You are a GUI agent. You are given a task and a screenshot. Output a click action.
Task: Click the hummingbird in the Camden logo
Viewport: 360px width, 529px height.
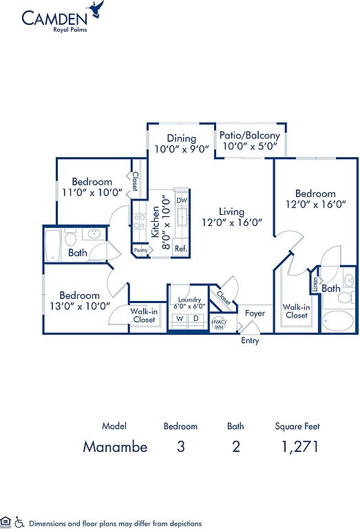click(x=96, y=9)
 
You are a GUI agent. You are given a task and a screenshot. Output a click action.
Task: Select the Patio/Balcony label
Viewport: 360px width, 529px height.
click(x=250, y=135)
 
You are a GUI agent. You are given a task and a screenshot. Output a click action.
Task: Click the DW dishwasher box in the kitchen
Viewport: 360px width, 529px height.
click(x=182, y=200)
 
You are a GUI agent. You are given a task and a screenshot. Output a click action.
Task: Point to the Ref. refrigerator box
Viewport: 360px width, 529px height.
click(x=181, y=249)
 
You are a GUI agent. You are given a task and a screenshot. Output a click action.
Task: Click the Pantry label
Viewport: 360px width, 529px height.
click(x=141, y=250)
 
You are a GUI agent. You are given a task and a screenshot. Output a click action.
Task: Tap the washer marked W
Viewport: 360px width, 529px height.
click(x=180, y=318)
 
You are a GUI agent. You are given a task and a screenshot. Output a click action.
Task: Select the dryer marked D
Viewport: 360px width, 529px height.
click(x=196, y=318)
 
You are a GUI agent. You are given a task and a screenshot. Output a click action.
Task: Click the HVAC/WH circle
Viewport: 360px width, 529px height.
click(x=219, y=324)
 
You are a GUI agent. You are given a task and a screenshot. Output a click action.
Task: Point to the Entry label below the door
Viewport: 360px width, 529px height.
click(x=250, y=340)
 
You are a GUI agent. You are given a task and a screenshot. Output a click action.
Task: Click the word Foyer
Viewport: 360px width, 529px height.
click(x=255, y=313)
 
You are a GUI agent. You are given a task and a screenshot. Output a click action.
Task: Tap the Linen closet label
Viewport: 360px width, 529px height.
click(x=315, y=284)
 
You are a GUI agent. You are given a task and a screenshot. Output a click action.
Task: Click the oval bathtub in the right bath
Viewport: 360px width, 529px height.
click(x=338, y=321)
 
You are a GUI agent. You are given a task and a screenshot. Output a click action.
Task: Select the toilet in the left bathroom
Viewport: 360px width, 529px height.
click(x=70, y=238)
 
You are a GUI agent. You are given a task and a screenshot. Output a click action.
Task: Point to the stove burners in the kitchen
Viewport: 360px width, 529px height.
click(x=140, y=222)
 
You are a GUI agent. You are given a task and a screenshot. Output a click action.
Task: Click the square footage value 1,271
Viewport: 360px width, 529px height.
click(x=300, y=447)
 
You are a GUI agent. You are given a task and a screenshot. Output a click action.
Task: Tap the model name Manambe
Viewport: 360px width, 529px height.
click(x=115, y=446)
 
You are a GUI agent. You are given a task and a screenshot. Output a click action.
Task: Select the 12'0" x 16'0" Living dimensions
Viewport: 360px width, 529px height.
click(x=232, y=222)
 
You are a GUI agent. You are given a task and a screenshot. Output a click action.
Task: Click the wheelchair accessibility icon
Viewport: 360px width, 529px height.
click(x=19, y=522)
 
